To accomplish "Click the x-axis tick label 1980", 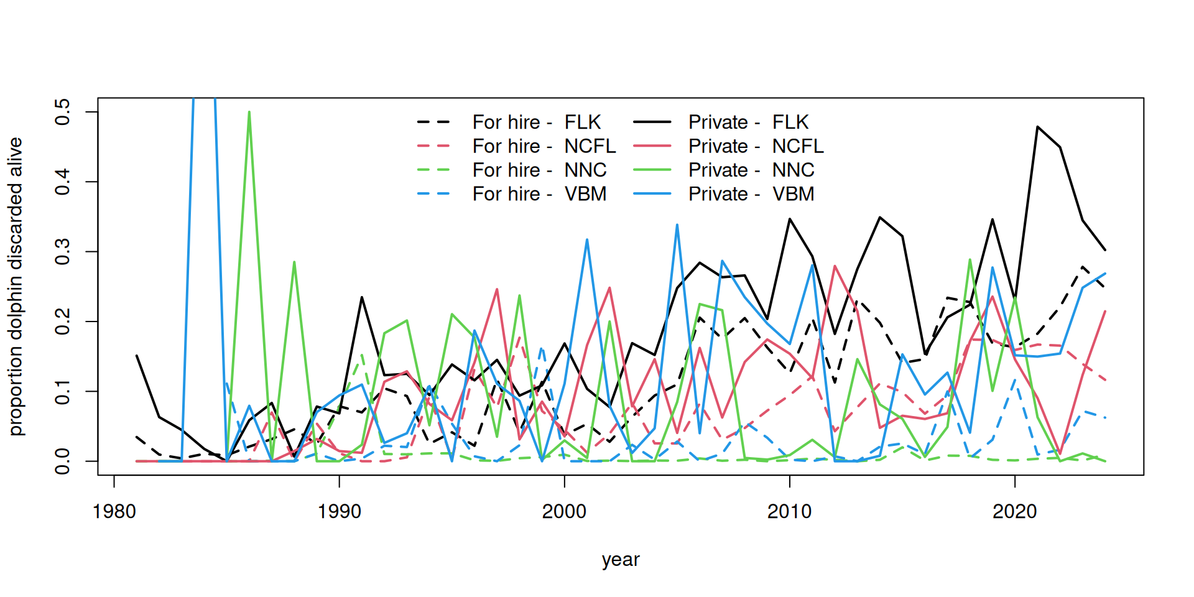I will tap(114, 512).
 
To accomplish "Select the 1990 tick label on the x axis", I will tap(339, 512).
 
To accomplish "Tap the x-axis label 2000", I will tap(564, 512).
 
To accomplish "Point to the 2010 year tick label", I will tap(789, 512).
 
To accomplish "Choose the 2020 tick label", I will tap(1014, 512).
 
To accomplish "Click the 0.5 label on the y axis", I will tap(63, 112).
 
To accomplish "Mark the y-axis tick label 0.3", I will tap(63, 251).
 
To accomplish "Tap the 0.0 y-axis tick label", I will tap(63, 461).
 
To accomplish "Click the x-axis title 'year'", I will tap(620, 560).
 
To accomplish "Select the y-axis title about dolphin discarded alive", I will tap(16, 286).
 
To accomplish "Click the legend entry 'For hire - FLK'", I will tap(536, 122).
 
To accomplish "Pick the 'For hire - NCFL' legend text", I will tap(544, 146).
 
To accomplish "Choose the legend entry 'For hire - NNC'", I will tap(539, 170).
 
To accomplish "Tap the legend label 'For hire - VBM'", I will tap(539, 194).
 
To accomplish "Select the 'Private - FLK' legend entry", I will tap(748, 122).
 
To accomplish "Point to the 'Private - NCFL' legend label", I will tap(756, 146).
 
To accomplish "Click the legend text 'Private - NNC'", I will tap(751, 170).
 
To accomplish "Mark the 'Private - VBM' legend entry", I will tap(751, 194).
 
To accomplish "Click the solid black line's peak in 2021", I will tap(1037, 127).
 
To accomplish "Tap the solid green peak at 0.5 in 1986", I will tap(249, 113).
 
